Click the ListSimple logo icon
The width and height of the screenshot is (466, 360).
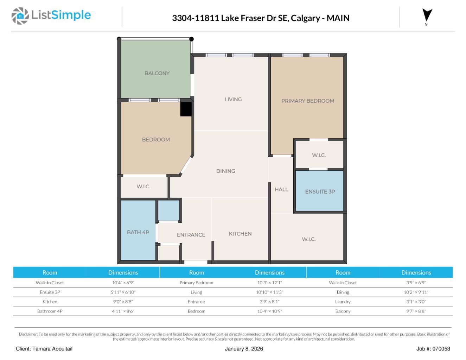[x=20, y=16]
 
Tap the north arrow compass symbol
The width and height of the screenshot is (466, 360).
[x=427, y=16]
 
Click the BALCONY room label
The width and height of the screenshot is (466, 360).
[x=157, y=73]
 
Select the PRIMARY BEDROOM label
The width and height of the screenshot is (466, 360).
[x=307, y=101]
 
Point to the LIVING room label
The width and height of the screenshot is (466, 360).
[x=233, y=99]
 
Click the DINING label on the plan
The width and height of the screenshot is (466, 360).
[x=225, y=171]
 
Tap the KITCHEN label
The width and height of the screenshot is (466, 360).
[x=240, y=234]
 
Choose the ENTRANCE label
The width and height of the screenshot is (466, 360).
[x=191, y=235]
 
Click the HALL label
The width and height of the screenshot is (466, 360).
[x=281, y=189]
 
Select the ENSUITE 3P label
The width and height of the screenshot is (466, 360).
[x=320, y=192]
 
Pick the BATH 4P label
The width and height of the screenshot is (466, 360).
[x=138, y=232]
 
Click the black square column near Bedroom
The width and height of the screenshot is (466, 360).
[x=186, y=109]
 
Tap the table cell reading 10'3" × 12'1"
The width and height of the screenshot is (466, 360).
[x=269, y=283]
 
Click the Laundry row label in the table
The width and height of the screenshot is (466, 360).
[x=343, y=302]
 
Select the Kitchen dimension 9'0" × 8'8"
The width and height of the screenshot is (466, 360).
[x=123, y=302]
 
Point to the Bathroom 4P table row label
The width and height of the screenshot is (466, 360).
[x=50, y=311]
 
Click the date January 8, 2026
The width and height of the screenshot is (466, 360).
[x=244, y=349]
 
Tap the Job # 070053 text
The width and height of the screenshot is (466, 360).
[x=433, y=349]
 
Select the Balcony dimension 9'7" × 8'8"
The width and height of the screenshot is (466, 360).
[x=416, y=311]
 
